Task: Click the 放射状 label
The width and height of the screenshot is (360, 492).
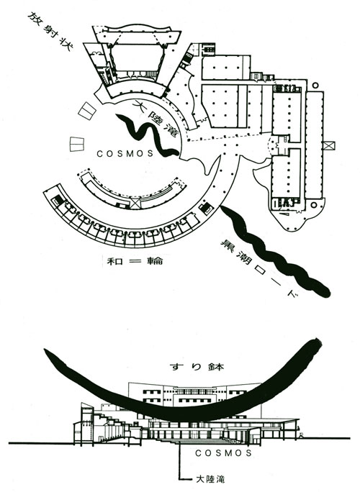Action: point(50,32)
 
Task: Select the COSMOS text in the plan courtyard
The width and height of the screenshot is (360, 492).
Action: point(125,153)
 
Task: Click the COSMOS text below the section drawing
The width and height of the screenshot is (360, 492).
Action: point(223,452)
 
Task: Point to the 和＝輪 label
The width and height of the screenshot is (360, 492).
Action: point(135,261)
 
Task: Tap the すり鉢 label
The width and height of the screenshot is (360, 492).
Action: point(197,367)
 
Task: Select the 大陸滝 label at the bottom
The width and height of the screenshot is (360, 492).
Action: point(210,479)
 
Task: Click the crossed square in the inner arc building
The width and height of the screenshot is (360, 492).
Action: point(135,202)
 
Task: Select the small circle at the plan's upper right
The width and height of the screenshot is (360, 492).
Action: point(315,85)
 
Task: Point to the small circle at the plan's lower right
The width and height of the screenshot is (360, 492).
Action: point(313,205)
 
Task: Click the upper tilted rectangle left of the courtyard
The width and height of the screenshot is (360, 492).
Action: point(86,111)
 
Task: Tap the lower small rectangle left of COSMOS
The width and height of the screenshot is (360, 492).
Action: point(77,145)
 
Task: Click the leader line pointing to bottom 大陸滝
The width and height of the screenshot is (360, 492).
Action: point(180,460)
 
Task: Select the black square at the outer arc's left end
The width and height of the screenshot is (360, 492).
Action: point(56,199)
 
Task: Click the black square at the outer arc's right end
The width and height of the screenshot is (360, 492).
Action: point(206,208)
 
